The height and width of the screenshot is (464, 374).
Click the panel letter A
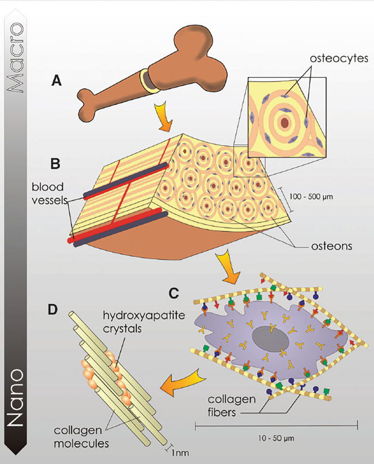56,81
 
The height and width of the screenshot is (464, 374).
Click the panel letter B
56,163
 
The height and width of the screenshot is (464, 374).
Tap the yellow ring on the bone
149,81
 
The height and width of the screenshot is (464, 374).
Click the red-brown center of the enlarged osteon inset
285,123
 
